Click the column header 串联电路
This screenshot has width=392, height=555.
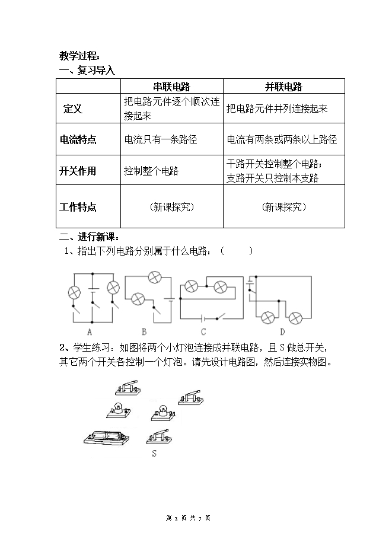click(172, 87)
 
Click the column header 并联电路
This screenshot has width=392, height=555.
click(283, 87)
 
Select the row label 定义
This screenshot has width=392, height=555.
click(72, 109)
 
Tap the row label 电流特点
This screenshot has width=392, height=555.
click(78, 139)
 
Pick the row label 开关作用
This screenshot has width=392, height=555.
click(78, 171)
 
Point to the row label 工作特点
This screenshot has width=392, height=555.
click(78, 207)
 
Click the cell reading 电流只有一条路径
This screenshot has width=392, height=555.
click(160, 139)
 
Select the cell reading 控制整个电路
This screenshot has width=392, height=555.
click(151, 171)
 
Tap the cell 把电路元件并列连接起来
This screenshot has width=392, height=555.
click(277, 109)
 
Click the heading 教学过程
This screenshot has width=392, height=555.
click(79, 56)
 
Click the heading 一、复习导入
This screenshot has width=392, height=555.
click(87, 70)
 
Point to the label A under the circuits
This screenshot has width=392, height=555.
click(90, 332)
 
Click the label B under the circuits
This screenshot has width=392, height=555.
click(144, 332)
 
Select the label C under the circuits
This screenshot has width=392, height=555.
click(203, 332)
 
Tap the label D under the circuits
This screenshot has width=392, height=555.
click(282, 332)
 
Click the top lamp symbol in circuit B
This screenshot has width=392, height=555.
click(154, 277)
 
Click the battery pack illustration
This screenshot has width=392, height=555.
click(107, 438)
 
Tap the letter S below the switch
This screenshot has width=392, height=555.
click(154, 454)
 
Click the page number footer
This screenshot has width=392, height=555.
click(188, 518)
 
